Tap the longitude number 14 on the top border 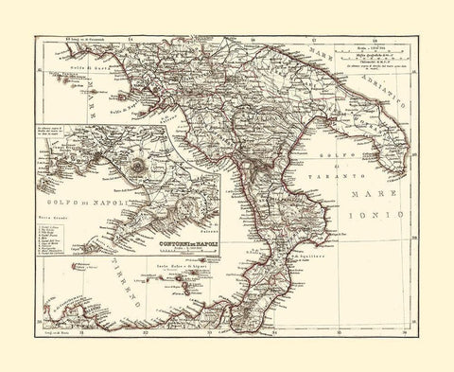(131, 40)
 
